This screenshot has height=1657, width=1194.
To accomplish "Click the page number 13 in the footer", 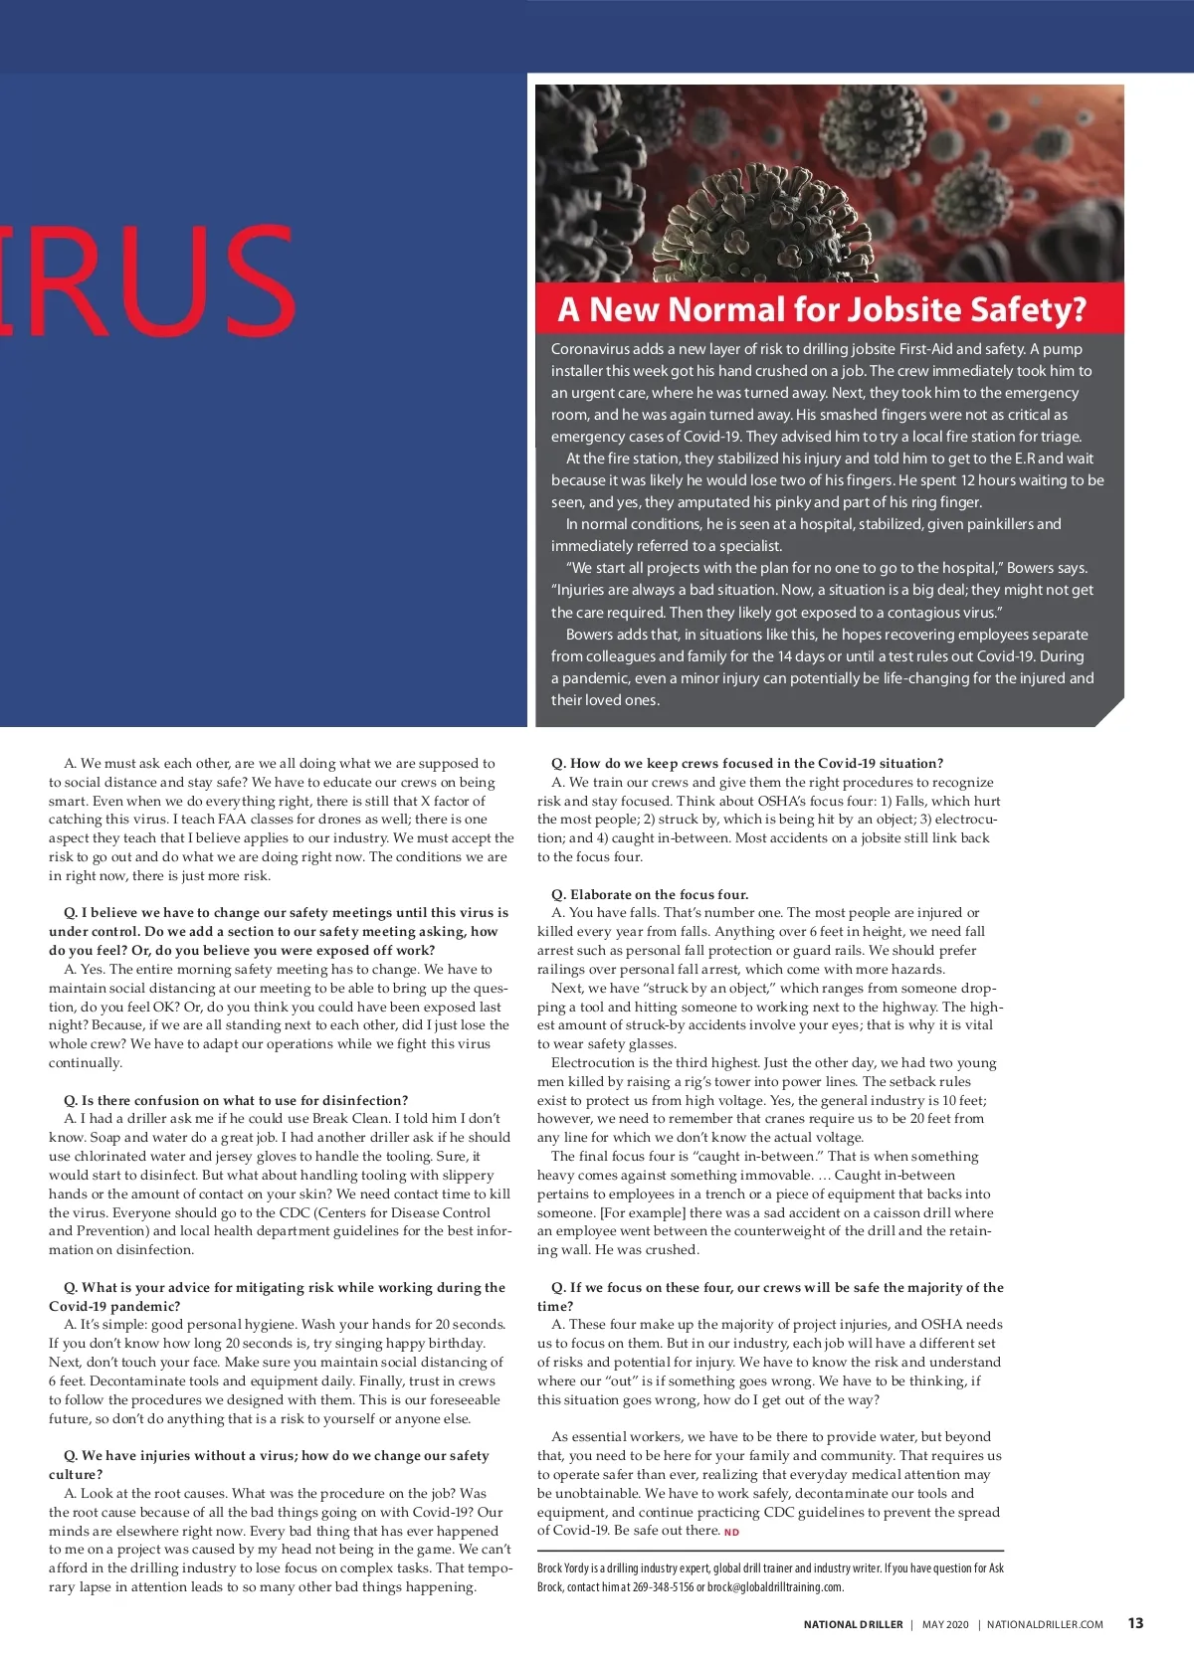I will click(x=1135, y=1623).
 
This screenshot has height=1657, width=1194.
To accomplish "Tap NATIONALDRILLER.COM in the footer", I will click(x=1045, y=1624).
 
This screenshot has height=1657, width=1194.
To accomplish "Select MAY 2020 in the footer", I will click(x=944, y=1624).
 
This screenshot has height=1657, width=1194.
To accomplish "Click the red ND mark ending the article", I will click(x=731, y=1532).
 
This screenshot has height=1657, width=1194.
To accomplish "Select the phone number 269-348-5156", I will click(x=662, y=1587).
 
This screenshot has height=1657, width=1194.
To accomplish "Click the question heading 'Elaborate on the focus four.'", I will click(x=659, y=894).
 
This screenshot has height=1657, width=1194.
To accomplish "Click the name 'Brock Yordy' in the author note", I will click(x=563, y=1568).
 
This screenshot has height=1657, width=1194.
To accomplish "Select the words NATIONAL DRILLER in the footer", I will click(x=853, y=1624).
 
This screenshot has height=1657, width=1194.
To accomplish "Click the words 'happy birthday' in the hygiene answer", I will click(x=439, y=1343).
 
